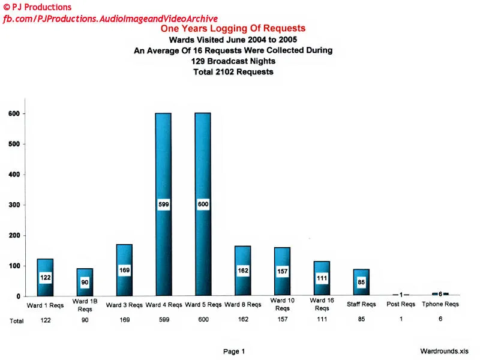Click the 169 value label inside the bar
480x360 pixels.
pyautogui.click(x=124, y=270)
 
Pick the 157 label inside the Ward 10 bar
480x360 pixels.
pyautogui.click(x=283, y=272)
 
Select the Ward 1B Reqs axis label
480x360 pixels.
pyautogui.click(x=85, y=304)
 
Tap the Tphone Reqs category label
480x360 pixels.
pyautogui.click(x=440, y=304)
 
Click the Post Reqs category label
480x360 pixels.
pyautogui.click(x=400, y=304)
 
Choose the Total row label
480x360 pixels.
pyautogui.click(x=16, y=321)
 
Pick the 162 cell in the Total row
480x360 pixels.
pyautogui.click(x=242, y=320)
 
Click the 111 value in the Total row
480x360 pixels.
pyautogui.click(x=322, y=320)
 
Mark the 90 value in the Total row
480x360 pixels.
pyautogui.click(x=85, y=320)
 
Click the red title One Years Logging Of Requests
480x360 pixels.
pyautogui.click(x=233, y=28)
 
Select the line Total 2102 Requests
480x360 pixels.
pyautogui.click(x=233, y=72)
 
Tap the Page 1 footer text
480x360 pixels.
pyautogui.click(x=234, y=352)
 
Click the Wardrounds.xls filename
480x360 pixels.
pyautogui.click(x=445, y=352)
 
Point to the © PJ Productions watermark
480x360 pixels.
pyautogui.click(x=37, y=7)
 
